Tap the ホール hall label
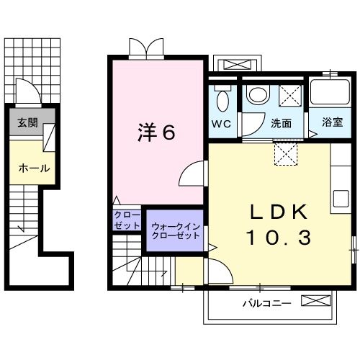(33, 168)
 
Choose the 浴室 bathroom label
(332, 123)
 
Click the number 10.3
(280, 237)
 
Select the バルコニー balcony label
(266, 303)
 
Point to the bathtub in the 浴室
(332, 94)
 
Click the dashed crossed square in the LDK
(287, 152)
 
